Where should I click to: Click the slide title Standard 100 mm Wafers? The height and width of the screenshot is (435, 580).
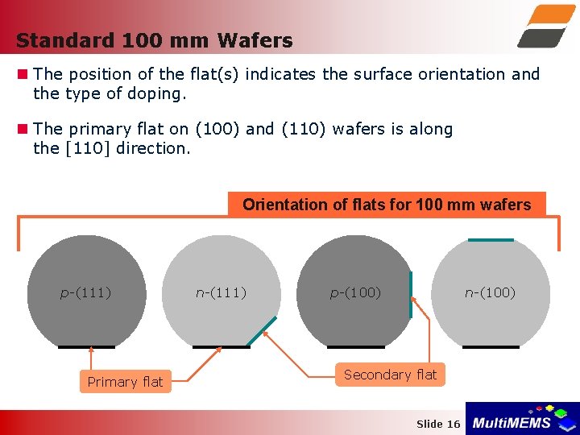[154, 40]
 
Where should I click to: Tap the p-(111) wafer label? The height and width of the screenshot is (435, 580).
[85, 292]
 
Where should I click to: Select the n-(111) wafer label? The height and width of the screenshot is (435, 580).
[221, 292]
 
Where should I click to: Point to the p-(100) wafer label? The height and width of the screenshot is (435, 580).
[355, 292]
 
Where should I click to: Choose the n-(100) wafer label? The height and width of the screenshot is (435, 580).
[490, 292]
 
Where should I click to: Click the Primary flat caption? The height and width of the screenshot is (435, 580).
[125, 382]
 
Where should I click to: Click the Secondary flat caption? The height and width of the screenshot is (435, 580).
[390, 375]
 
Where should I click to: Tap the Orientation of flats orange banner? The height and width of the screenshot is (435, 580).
[387, 205]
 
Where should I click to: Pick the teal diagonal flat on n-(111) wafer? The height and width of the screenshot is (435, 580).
[261, 331]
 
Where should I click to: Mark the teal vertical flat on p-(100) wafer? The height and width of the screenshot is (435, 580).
[411, 295]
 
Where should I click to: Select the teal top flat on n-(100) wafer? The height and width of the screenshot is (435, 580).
[491, 239]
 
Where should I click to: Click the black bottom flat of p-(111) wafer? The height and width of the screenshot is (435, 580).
[86, 346]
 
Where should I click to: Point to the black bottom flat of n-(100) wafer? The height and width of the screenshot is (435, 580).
[491, 346]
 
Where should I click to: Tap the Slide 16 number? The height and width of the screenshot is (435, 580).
[438, 424]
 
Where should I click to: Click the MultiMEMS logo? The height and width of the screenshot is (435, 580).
[522, 419]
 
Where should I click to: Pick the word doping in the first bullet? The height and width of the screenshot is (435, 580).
[159, 93]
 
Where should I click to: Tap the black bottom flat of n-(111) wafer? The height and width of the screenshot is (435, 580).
[222, 346]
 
